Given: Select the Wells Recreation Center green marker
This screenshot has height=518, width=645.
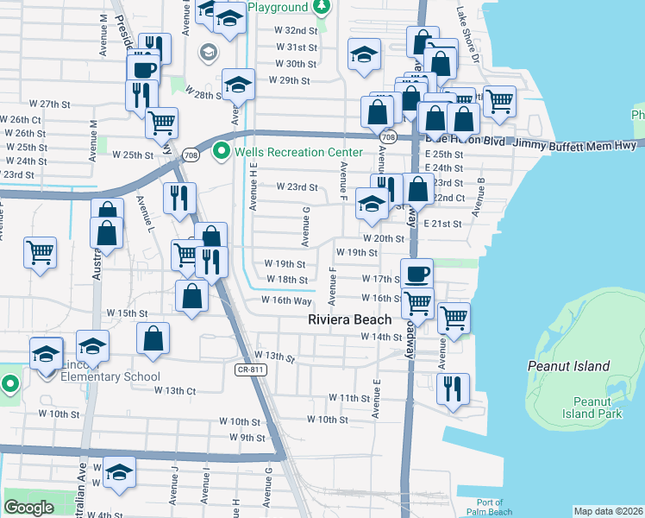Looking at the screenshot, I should [x=222, y=152].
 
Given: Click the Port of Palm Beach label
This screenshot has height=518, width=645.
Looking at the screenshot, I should [x=489, y=507].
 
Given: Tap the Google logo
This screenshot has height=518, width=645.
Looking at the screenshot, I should [x=28, y=508].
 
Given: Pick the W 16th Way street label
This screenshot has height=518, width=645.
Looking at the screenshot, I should [x=286, y=300].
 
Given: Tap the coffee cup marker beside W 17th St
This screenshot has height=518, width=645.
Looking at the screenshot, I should [x=417, y=274].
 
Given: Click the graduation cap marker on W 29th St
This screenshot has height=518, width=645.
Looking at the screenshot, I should [x=239, y=85].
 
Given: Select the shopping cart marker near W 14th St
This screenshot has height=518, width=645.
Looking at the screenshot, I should [x=454, y=317].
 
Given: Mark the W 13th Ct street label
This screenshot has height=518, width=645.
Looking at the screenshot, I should [x=175, y=390].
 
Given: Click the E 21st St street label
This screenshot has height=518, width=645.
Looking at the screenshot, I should [x=442, y=224].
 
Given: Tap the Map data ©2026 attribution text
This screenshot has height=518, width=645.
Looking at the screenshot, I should [x=607, y=511].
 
